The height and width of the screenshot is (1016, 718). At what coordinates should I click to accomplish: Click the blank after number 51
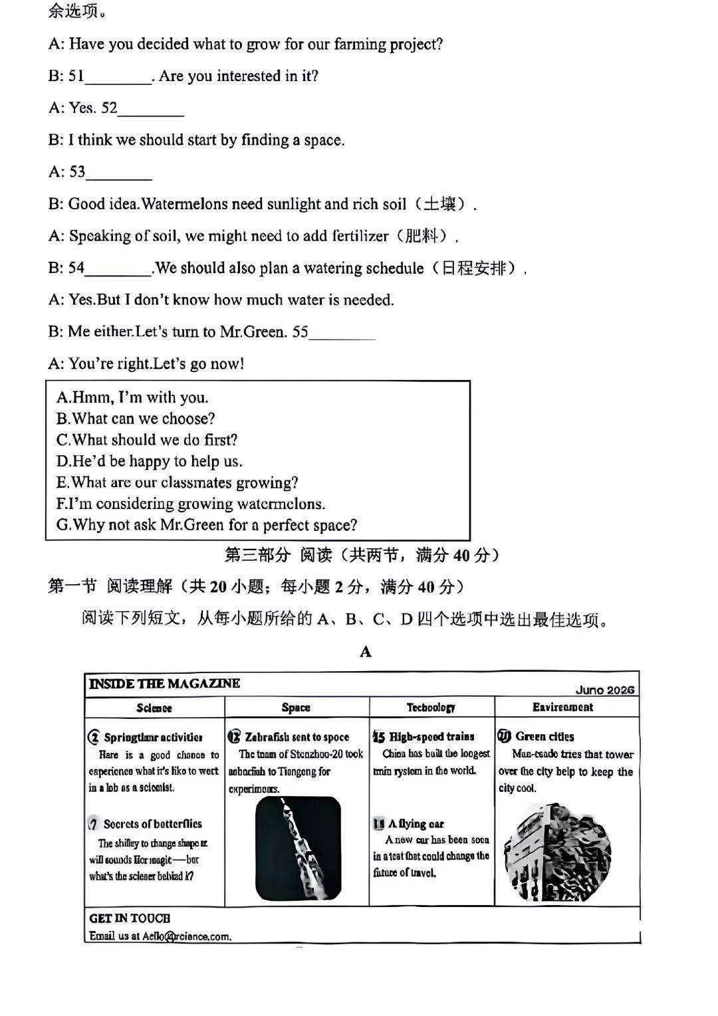[118, 78]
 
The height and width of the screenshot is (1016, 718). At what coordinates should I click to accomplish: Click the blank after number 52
[151, 110]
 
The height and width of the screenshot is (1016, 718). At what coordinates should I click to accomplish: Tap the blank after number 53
[119, 174]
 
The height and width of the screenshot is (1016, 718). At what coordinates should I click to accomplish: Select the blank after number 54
[118, 270]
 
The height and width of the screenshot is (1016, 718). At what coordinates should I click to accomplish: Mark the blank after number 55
[342, 334]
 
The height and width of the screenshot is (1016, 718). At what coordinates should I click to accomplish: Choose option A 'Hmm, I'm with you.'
[132, 397]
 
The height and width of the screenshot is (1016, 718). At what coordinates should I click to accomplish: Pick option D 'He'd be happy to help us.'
[150, 461]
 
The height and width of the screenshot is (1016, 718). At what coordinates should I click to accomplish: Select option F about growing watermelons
[191, 504]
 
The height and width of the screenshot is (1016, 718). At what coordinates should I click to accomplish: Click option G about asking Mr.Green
[207, 525]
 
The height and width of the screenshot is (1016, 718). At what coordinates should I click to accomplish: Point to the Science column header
[154, 708]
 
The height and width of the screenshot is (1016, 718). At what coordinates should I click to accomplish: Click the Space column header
[296, 707]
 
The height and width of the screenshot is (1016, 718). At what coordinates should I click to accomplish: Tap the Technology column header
[431, 707]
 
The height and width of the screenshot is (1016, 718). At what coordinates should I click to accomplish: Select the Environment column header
[562, 707]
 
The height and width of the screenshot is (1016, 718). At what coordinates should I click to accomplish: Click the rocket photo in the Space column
[298, 848]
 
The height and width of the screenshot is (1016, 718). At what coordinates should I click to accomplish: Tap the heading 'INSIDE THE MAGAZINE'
[164, 684]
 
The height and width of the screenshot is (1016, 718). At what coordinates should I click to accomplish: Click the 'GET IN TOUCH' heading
[130, 918]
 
